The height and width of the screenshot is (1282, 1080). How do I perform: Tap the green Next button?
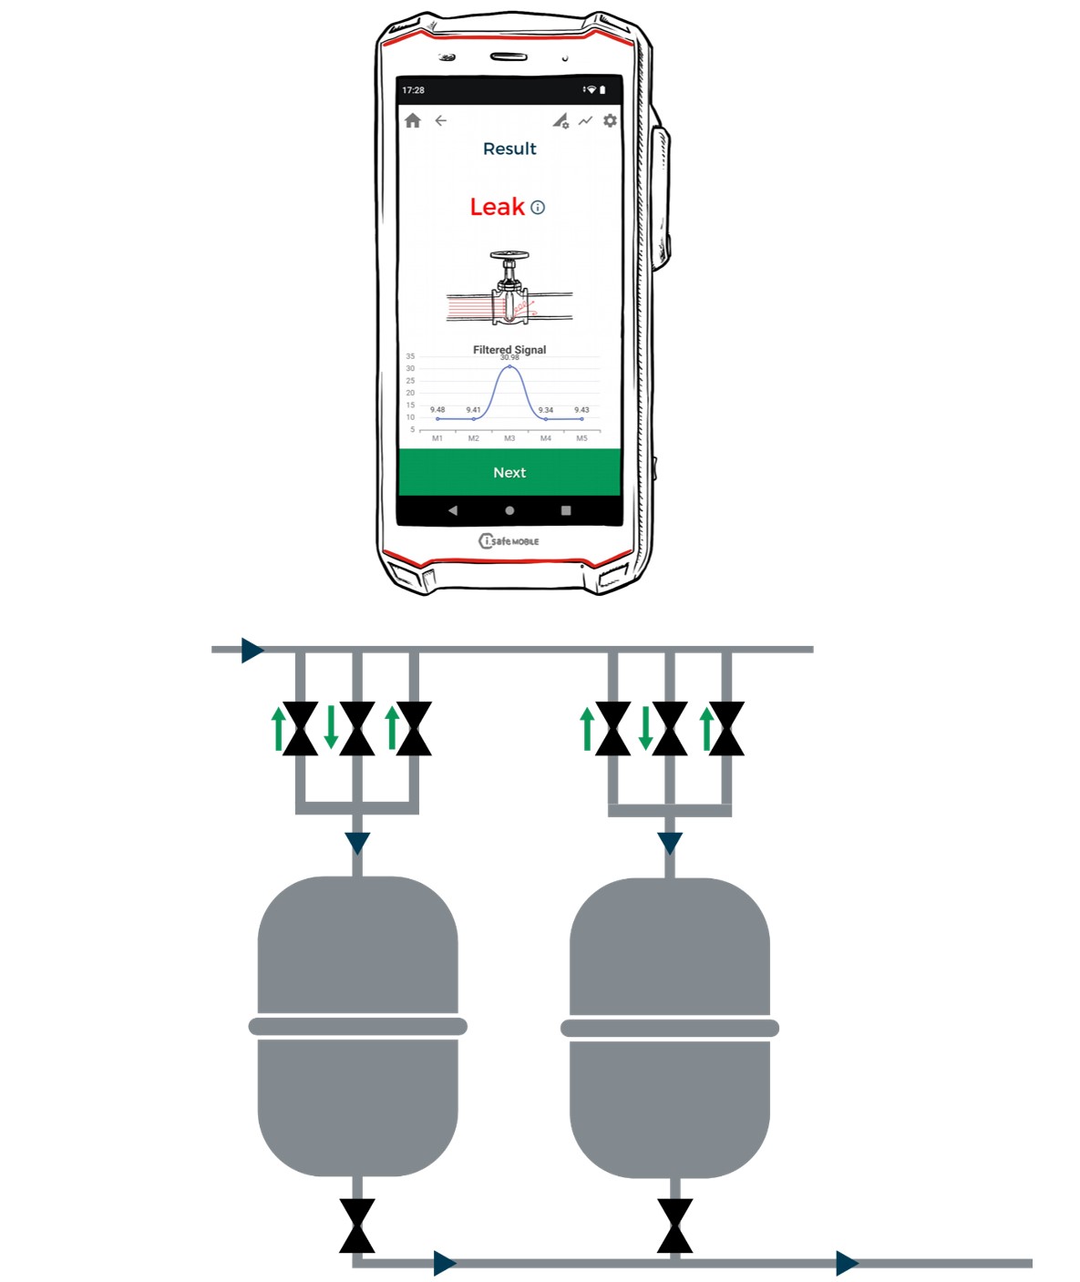[x=509, y=472]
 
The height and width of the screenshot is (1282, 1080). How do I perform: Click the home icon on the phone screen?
[x=413, y=120]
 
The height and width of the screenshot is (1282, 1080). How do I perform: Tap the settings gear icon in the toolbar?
[x=610, y=120]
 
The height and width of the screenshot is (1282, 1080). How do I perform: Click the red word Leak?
[x=497, y=207]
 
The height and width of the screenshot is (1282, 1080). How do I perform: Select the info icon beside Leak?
[x=538, y=208]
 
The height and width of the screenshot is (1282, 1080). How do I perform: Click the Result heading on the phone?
[x=509, y=149]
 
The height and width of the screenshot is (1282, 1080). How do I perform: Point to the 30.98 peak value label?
[x=509, y=357]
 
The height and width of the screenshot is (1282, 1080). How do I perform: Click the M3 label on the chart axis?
[x=509, y=438]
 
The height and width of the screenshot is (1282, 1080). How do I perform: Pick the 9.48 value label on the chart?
[x=437, y=409]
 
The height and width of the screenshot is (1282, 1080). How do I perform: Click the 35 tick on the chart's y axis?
[x=410, y=356]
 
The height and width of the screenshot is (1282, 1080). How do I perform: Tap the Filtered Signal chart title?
[x=509, y=349]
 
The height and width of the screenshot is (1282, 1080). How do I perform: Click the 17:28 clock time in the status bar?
[x=413, y=90]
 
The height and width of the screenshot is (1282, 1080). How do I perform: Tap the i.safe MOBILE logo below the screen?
[x=509, y=541]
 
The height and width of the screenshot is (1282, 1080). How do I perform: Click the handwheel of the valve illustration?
[x=509, y=255]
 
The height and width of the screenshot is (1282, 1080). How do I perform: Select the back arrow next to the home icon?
[x=440, y=120]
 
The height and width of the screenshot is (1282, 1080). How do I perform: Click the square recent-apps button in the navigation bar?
[x=566, y=510]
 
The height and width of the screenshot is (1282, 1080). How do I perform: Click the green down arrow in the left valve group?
[x=331, y=727]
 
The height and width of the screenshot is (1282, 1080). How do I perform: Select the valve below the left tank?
[x=357, y=1226]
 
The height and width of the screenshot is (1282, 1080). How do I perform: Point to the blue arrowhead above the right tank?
[x=670, y=843]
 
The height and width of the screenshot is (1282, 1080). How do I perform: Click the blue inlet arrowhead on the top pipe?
[x=252, y=651]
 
